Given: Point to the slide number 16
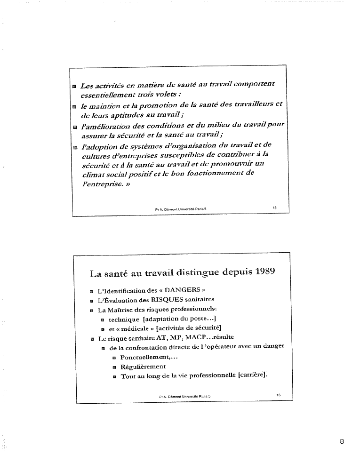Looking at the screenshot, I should (278, 395).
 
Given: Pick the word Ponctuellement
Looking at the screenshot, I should (144, 358).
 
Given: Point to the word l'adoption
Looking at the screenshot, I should (100, 146).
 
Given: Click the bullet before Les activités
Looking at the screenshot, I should (74, 88).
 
